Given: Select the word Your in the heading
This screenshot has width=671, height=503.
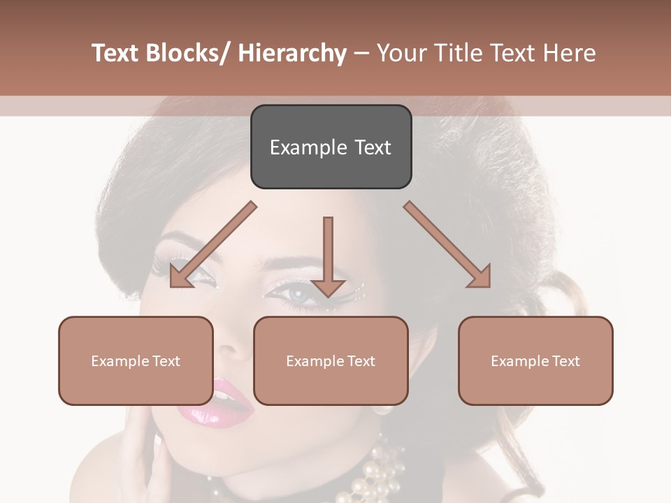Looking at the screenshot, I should point(403,53).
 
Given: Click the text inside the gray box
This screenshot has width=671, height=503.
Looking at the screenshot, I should point(331,147).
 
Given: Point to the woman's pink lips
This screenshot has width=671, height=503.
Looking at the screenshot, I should point(212,402).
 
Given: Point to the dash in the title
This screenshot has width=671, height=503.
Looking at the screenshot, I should point(361,54).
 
